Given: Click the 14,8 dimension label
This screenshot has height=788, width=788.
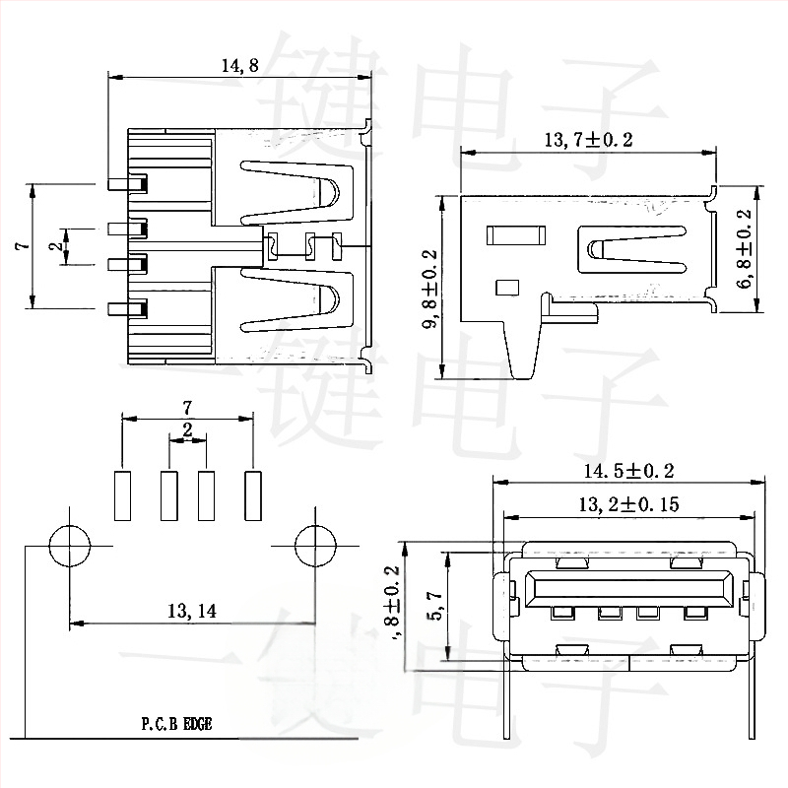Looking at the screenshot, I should (x=239, y=67).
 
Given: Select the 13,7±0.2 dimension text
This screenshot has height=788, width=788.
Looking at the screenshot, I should (x=588, y=140).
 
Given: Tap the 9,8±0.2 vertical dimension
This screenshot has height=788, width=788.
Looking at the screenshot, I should (x=430, y=287).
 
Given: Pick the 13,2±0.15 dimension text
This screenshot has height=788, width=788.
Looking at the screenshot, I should (x=628, y=504).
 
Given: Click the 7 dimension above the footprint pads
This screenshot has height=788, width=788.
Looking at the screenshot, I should (x=187, y=406).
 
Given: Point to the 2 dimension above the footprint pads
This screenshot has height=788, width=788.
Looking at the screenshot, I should (x=187, y=429).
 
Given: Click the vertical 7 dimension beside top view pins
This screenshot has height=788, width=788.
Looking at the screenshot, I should (x=20, y=246).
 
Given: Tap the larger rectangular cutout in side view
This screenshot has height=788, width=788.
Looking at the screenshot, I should (x=515, y=235).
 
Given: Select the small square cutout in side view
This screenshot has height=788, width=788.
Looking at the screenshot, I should (x=507, y=288).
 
